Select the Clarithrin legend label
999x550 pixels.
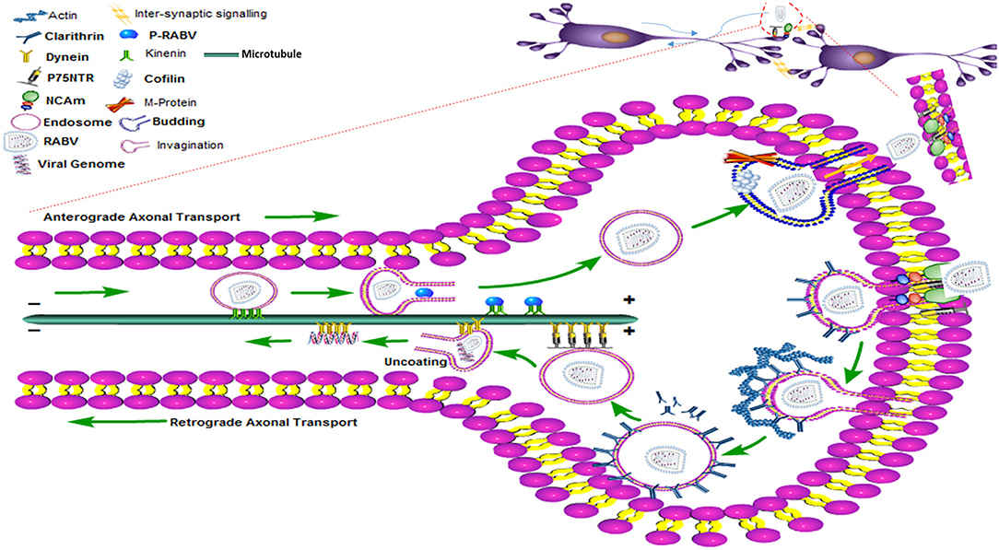(70, 37)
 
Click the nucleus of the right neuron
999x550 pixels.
(864, 57)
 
